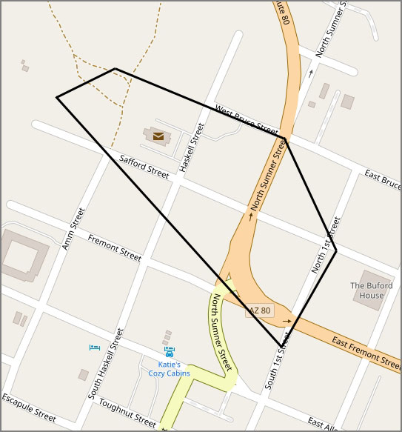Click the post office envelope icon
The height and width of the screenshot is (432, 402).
pyautogui.click(x=158, y=136)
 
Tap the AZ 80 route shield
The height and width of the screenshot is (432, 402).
pyautogui.click(x=260, y=310)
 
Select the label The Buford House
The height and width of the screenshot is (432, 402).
pyautogui.click(x=367, y=290)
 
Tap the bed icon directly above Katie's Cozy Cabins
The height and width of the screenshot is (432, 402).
pyautogui.click(x=170, y=350)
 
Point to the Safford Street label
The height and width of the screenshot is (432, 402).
pyautogui.click(x=144, y=165)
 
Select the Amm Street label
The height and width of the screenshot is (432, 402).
pyautogui.click(x=74, y=228)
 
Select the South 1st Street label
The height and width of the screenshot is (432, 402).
pyautogui.click(x=279, y=361)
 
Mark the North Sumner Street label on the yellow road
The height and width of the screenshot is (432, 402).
pyautogui.click(x=222, y=332)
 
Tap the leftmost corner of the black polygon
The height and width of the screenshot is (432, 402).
pyautogui.click(x=57, y=97)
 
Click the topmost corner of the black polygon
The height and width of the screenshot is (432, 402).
pyautogui.click(x=115, y=69)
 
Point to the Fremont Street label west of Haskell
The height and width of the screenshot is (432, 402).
pyautogui.click(x=114, y=247)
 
